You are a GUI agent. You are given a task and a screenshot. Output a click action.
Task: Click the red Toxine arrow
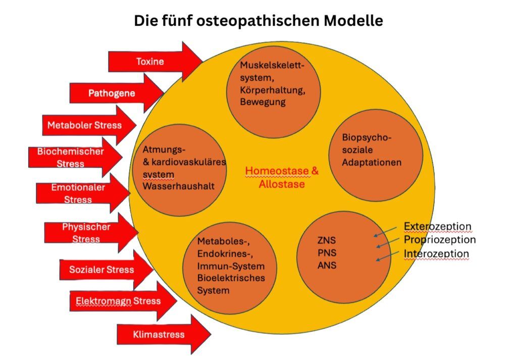pos(150,62)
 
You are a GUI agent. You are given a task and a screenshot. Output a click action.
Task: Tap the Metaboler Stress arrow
pos(85,125)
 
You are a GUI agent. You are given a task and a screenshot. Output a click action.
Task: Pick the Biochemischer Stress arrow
pos(71,157)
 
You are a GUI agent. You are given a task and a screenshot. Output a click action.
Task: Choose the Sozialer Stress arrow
pos(102,269)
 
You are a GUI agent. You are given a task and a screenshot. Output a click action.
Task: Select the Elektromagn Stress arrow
pos(118,301)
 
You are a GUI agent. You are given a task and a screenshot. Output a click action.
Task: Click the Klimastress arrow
pos(159,334)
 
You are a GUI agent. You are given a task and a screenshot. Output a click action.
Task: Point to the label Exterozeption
pos(437,226)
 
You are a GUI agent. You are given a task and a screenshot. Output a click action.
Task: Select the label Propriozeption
pos(439,239)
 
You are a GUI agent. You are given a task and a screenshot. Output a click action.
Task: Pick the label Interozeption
pos(436,253)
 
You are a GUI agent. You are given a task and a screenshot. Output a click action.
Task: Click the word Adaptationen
pos(372,162)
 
